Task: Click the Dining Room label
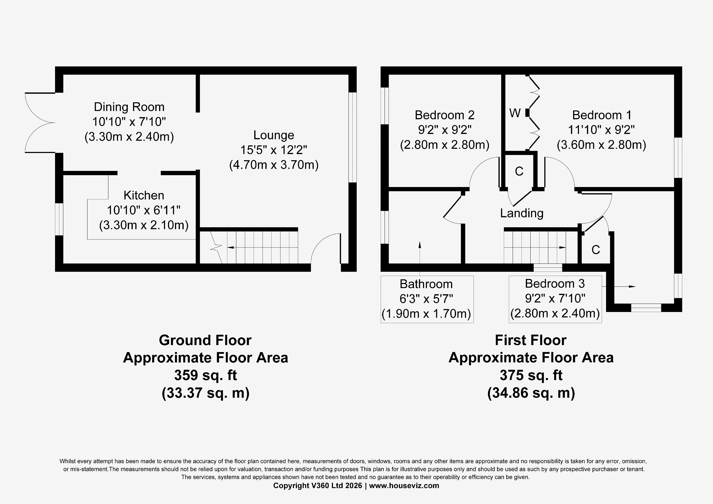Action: [x=129, y=107]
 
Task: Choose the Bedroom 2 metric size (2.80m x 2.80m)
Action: [x=445, y=145]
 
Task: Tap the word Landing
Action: [x=522, y=213]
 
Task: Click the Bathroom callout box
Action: [x=427, y=299]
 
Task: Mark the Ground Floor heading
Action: [x=205, y=340]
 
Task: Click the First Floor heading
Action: [x=531, y=340]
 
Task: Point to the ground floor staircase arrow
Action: [x=263, y=247]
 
